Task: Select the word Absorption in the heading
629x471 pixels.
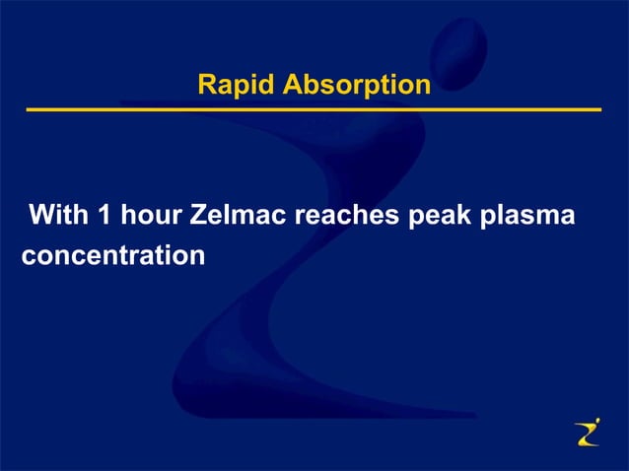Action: coord(357,86)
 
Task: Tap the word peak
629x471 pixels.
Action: coord(446,216)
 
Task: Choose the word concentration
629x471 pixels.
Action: coord(113,255)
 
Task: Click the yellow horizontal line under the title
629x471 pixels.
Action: coord(314,109)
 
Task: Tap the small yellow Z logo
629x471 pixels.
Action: coord(587,434)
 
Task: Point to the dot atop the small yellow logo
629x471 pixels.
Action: coord(595,421)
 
